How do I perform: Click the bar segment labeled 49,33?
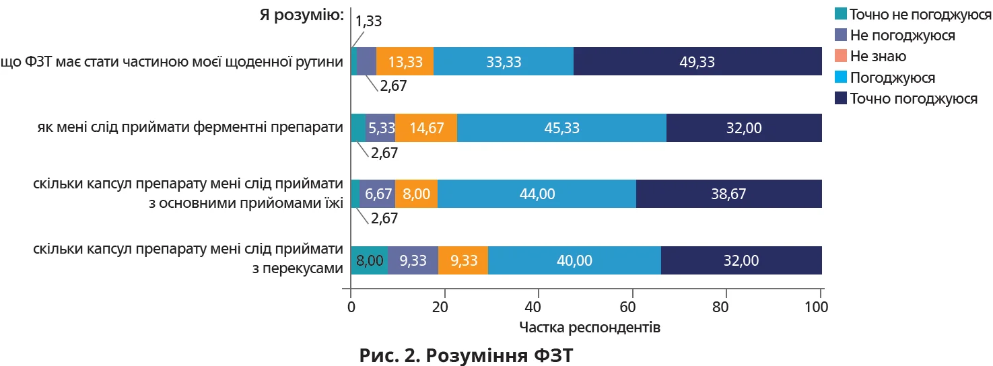(x=697, y=62)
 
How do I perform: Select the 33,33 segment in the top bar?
(x=504, y=62)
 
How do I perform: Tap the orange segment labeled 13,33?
(x=405, y=62)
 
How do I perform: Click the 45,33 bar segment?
(x=561, y=128)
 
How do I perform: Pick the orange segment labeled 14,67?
(x=426, y=128)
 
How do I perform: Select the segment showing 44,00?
(x=537, y=194)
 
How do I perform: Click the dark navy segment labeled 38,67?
(x=728, y=194)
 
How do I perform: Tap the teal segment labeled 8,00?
(x=369, y=260)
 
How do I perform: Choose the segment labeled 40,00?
(x=576, y=260)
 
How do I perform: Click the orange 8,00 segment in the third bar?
(x=416, y=194)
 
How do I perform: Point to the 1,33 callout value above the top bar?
(x=368, y=21)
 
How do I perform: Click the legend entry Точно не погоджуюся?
(x=920, y=13)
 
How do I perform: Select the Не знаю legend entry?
(x=878, y=57)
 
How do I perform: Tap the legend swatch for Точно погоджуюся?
(x=840, y=99)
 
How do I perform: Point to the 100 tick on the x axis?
(x=819, y=307)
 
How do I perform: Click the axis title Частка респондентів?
(x=590, y=328)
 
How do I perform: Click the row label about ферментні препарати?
(x=186, y=128)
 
